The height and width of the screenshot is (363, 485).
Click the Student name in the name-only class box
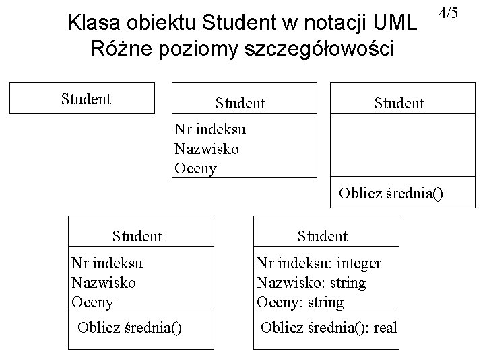click(86, 99)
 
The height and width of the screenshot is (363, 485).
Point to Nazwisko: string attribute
click(311, 283)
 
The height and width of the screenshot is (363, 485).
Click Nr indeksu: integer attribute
click(319, 264)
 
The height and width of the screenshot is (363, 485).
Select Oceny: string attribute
click(300, 302)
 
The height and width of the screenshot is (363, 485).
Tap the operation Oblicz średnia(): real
click(329, 327)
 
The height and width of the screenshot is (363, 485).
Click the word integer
click(356, 264)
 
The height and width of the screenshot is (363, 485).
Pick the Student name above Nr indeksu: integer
click(323, 236)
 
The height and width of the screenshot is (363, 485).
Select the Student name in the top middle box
click(240, 103)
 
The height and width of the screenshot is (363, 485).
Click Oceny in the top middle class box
click(195, 168)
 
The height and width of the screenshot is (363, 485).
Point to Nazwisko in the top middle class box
click(206, 149)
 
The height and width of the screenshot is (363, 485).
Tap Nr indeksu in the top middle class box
click(209, 129)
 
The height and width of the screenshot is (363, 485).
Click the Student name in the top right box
click(399, 103)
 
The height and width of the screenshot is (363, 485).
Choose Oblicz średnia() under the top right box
click(391, 194)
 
